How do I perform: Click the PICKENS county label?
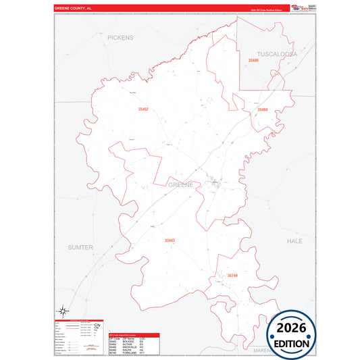120,38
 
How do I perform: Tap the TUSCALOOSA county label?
277,53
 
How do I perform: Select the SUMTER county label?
80,248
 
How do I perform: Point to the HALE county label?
294,241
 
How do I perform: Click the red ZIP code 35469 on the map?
262,109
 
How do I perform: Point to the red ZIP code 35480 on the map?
253,61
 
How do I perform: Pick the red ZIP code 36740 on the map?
233,276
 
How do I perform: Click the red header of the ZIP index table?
134,334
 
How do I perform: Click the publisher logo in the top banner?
297,9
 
